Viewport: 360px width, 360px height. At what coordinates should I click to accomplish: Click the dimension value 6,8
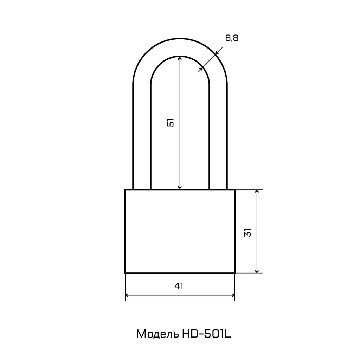[x=232, y=38]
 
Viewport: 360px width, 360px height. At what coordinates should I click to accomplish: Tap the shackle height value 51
[x=171, y=123]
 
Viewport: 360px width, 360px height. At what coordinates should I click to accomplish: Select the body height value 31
[x=248, y=232]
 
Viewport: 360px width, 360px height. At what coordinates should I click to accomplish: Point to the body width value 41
[x=179, y=286]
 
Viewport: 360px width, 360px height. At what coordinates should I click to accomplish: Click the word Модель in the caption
[x=157, y=334]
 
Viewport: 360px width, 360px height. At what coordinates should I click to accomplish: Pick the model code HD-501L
[x=207, y=334]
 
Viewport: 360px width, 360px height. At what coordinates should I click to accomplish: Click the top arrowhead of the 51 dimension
[x=180, y=58]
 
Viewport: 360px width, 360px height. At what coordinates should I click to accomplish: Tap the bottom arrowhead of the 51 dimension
[x=180, y=187]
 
